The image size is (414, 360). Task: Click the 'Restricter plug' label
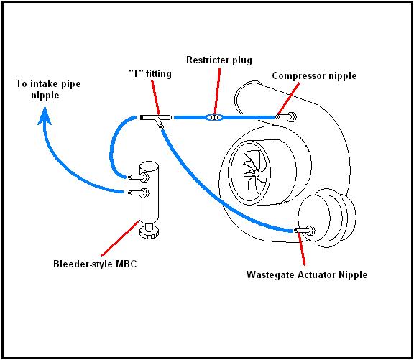coord(219,60)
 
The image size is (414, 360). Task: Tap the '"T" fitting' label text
coord(150,73)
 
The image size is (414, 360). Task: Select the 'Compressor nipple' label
coord(314,76)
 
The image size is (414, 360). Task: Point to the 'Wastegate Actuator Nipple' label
coord(307,274)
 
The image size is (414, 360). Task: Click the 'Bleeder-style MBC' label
coord(95,264)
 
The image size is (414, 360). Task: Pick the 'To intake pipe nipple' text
coord(48,89)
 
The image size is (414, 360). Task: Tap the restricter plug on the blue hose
coord(215,117)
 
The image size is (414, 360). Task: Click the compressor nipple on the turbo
coord(286,116)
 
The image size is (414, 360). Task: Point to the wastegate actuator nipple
coord(305,231)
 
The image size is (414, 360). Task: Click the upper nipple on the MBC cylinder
coord(138,177)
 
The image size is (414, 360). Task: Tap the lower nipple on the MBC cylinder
coord(138,193)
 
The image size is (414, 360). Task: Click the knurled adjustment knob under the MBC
coord(149,232)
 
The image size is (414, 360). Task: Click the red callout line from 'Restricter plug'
coord(217,91)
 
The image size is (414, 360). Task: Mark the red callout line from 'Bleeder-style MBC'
coord(120,239)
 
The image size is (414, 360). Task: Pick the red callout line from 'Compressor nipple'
coord(289,98)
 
